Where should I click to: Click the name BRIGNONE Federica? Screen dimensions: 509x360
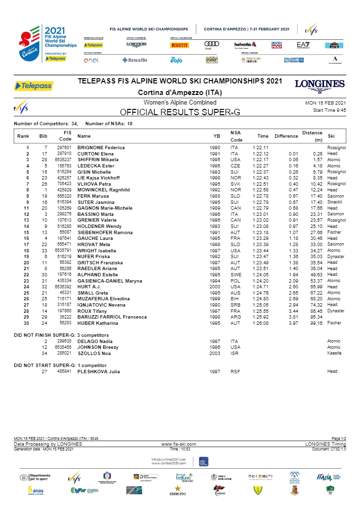click(101, 147)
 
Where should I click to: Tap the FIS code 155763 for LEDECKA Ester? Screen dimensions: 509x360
click(64, 166)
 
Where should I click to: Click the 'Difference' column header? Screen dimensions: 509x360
click(287, 136)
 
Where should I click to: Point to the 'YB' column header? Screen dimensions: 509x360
click(216, 136)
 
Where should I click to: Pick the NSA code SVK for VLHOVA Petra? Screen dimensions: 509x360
click(234, 183)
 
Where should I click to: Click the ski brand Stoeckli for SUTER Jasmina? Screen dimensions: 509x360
click(335, 201)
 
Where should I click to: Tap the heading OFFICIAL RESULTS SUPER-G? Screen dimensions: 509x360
click(180, 112)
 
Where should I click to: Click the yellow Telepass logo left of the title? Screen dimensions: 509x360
click(34, 86)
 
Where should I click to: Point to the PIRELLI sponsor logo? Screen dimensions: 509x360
click(180, 45)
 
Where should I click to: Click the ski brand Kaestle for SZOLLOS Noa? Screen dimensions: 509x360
click(334, 353)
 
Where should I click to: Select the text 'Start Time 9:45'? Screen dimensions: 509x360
click(328, 110)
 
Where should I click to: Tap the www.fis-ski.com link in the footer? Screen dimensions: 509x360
click(180, 444)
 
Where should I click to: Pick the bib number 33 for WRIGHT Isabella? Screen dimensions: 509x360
click(44, 250)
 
